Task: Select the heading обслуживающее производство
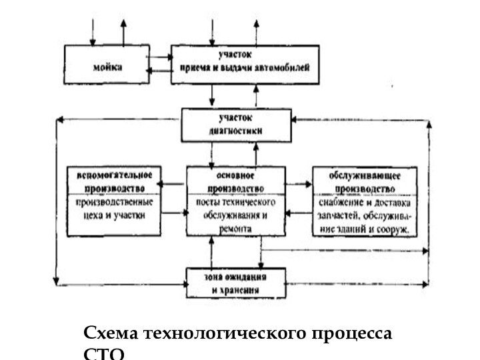[x=364, y=181]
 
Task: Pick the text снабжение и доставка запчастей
[x=364, y=209]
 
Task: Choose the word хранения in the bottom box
[x=243, y=291]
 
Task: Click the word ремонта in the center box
[x=235, y=228]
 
